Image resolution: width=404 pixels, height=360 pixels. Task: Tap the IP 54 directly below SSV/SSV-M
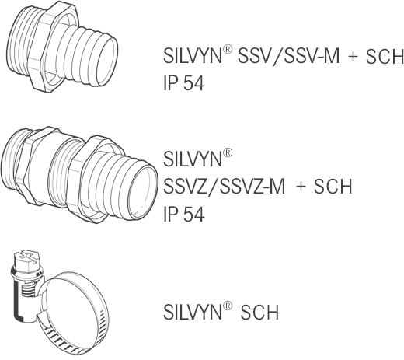[184, 84]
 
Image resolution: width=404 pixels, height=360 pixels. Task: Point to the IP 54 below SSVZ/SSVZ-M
[184, 215]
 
